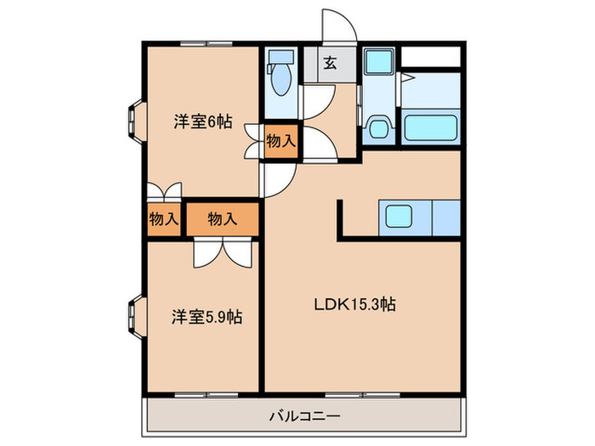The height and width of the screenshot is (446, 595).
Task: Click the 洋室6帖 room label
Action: (x=203, y=121)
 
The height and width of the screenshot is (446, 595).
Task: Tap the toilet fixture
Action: (x=279, y=77)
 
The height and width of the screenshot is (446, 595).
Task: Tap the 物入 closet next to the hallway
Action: (x=280, y=141)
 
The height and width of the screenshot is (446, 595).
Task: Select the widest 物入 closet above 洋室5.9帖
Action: (x=222, y=218)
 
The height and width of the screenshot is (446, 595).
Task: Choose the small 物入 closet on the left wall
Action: (x=163, y=218)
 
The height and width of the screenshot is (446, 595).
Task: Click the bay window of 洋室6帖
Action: (x=135, y=118)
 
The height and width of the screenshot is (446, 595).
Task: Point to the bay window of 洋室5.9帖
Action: (x=135, y=315)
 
